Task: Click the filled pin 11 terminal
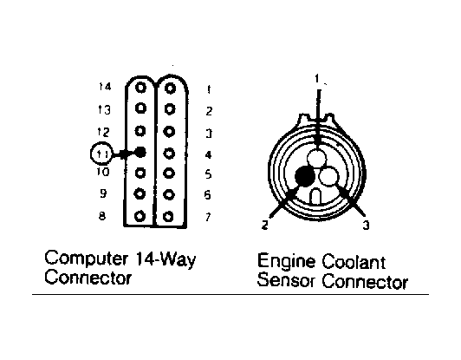(x=140, y=152)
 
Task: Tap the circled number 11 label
(x=101, y=154)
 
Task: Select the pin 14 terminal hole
(x=140, y=88)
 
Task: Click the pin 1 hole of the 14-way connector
(x=170, y=88)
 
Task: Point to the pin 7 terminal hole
(x=168, y=217)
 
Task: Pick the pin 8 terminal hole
(x=140, y=216)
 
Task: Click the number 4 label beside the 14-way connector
(x=208, y=154)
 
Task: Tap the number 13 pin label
(x=104, y=110)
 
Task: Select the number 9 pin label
(x=103, y=193)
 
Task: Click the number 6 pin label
(x=208, y=195)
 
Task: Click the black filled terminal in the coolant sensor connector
(x=305, y=176)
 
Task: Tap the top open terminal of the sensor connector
(x=316, y=158)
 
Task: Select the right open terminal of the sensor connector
(x=329, y=176)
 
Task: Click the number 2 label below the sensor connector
(x=265, y=226)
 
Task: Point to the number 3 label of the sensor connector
(x=366, y=226)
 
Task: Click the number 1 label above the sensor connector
(x=317, y=79)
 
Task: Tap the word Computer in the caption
(x=87, y=259)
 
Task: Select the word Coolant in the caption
(x=354, y=261)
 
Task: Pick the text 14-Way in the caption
(x=166, y=259)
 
